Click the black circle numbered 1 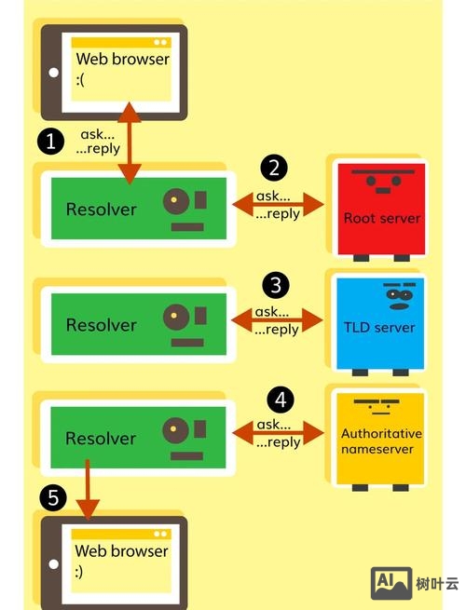pos(50,141)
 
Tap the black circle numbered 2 pos(274,168)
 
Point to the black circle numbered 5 pos(53,499)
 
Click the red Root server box pos(381,210)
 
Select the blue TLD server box pos(381,321)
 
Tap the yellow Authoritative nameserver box pos(381,438)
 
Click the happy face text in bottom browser pos(81,571)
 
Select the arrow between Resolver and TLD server pos(278,320)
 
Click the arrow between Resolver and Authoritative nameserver pos(278,433)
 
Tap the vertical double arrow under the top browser pos(130,144)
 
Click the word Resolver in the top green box pos(101,210)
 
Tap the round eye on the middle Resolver pos(173,318)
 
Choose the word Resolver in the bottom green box pos(101,438)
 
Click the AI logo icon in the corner pos(391,584)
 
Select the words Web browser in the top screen pos(122,60)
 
